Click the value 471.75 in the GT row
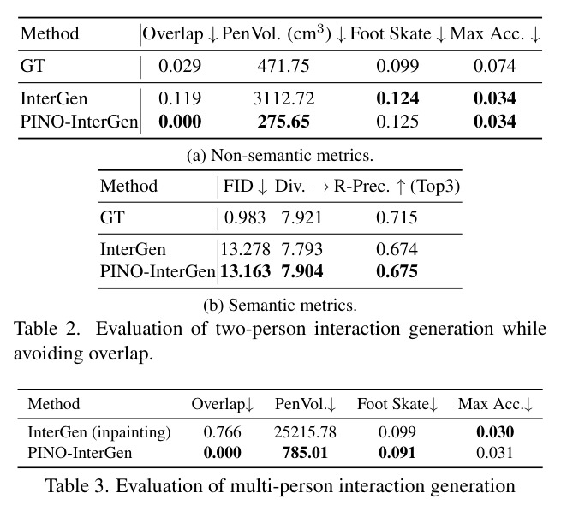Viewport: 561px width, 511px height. pyautogui.click(x=283, y=66)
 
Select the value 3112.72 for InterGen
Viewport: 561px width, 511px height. pyautogui.click(x=283, y=98)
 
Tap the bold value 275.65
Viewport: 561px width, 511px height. pyautogui.click(x=283, y=122)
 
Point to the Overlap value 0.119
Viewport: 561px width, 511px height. pyautogui.click(x=180, y=98)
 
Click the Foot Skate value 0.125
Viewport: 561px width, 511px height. pyautogui.click(x=397, y=122)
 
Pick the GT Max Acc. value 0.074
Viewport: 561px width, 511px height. pyautogui.click(x=495, y=66)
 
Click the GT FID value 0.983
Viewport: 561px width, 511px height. pyautogui.click(x=245, y=217)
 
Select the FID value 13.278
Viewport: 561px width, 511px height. pyautogui.click(x=245, y=249)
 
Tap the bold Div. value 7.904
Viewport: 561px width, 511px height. pyautogui.click(x=302, y=271)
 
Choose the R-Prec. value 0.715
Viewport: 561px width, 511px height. pyautogui.click(x=397, y=217)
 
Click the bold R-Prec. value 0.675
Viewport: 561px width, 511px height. pyautogui.click(x=397, y=271)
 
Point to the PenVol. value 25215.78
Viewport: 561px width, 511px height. pyautogui.click(x=305, y=432)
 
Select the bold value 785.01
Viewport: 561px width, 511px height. pyautogui.click(x=305, y=453)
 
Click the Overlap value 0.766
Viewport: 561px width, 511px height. pyautogui.click(x=222, y=432)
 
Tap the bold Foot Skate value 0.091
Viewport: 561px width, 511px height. pyautogui.click(x=397, y=453)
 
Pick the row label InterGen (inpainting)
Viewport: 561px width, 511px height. pyautogui.click(x=99, y=432)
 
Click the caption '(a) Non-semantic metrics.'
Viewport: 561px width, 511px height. pyautogui.click(x=280, y=156)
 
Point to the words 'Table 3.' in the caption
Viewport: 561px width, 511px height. pyautogui.click(x=77, y=486)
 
